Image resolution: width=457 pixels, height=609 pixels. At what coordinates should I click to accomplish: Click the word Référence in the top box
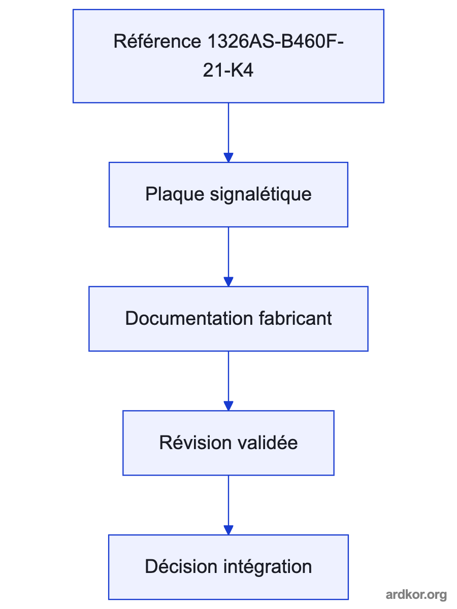157,41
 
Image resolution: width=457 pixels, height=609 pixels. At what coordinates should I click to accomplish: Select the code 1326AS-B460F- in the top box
276,41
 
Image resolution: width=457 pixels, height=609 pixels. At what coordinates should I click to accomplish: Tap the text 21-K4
228,70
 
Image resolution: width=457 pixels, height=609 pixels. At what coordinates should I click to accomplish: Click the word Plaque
175,194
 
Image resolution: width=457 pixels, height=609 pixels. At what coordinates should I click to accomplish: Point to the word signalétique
261,194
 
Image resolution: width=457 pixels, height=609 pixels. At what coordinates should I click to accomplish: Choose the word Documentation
189,318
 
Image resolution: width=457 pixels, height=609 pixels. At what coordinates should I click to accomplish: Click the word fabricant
295,318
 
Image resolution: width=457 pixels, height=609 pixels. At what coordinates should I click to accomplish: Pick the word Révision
195,443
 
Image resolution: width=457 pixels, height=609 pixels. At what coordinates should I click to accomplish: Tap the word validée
268,443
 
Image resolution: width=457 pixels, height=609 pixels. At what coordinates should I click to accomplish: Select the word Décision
181,566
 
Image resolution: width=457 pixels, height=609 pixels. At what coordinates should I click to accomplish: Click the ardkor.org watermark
416,595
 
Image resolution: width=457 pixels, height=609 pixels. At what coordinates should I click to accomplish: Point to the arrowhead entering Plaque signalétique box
228,157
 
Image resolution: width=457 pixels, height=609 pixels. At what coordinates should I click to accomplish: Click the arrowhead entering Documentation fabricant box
228,282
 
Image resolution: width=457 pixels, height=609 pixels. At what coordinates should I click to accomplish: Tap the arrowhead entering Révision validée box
228,406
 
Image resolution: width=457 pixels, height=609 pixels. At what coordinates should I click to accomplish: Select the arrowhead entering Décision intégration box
228,530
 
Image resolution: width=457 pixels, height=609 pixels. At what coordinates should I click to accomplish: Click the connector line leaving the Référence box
228,128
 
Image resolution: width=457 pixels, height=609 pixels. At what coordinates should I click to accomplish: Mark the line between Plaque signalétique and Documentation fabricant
228,252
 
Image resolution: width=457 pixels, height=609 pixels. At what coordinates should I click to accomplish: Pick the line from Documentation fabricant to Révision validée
228,377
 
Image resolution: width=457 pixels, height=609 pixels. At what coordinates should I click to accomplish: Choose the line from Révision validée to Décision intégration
228,501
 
